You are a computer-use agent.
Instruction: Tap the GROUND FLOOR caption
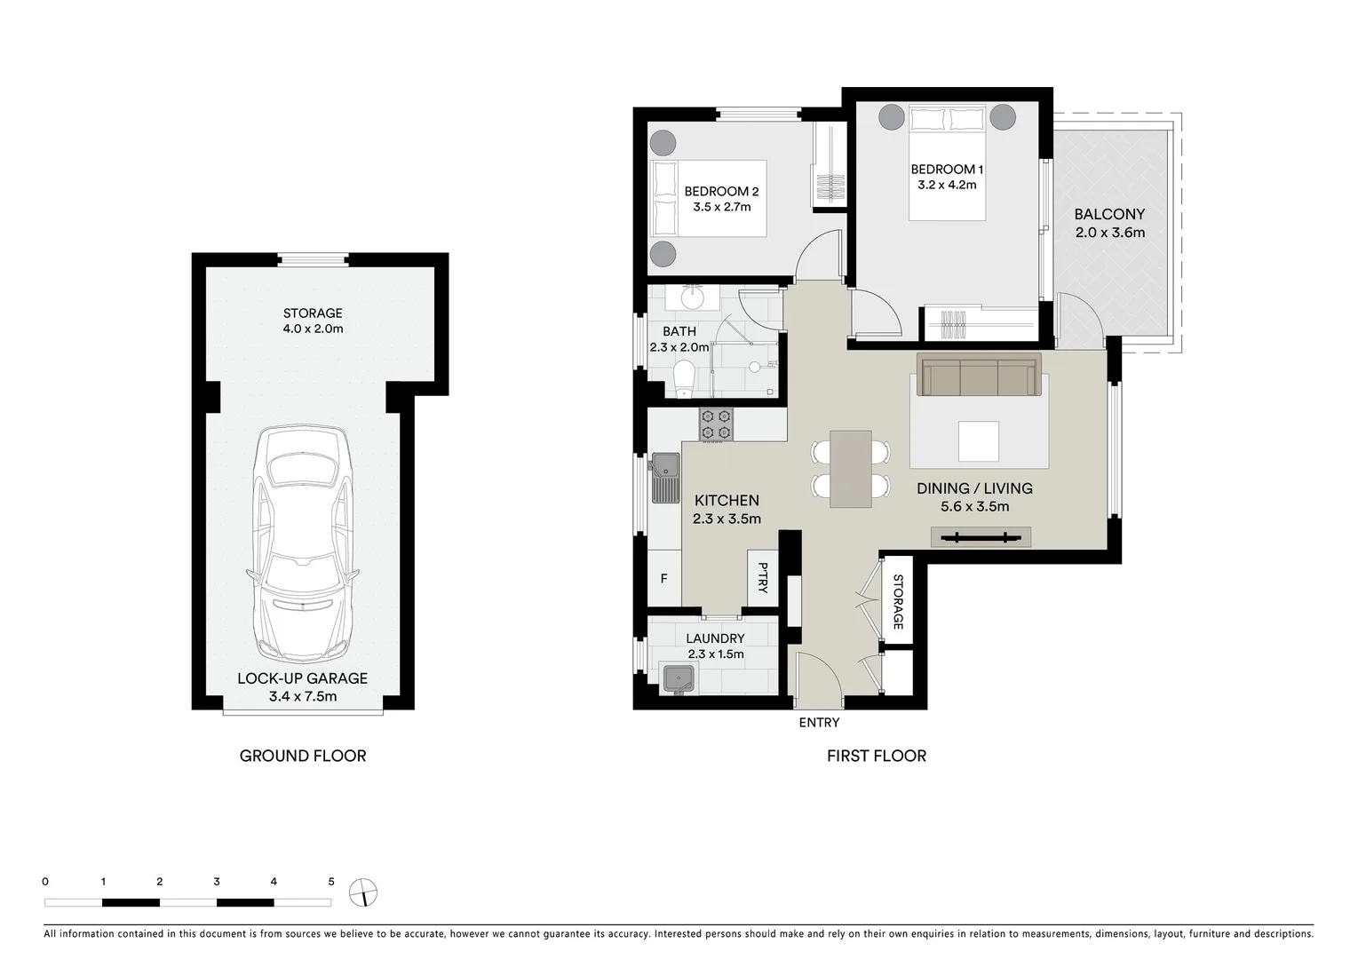[x=303, y=756]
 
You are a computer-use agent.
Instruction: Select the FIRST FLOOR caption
[x=876, y=756]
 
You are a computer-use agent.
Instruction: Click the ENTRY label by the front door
[x=818, y=723]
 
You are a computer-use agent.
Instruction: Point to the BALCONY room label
[x=1109, y=214]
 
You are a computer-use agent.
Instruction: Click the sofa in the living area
[x=979, y=377]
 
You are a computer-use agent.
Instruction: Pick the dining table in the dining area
[x=850, y=469]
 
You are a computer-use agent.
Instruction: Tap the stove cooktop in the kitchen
[x=716, y=424]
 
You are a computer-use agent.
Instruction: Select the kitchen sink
[x=663, y=464]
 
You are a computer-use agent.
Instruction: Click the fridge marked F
[x=663, y=579]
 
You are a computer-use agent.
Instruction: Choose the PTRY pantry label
[x=762, y=578]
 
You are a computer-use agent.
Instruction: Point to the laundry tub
[x=679, y=678]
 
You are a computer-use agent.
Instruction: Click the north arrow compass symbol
[x=364, y=891]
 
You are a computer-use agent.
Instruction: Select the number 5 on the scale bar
[x=331, y=882]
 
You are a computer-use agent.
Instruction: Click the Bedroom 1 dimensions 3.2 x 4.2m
[x=947, y=186]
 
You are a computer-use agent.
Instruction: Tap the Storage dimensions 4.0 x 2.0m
[x=313, y=329]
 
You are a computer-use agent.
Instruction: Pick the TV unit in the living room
[x=981, y=536]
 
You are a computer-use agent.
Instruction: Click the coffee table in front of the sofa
[x=978, y=441]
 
